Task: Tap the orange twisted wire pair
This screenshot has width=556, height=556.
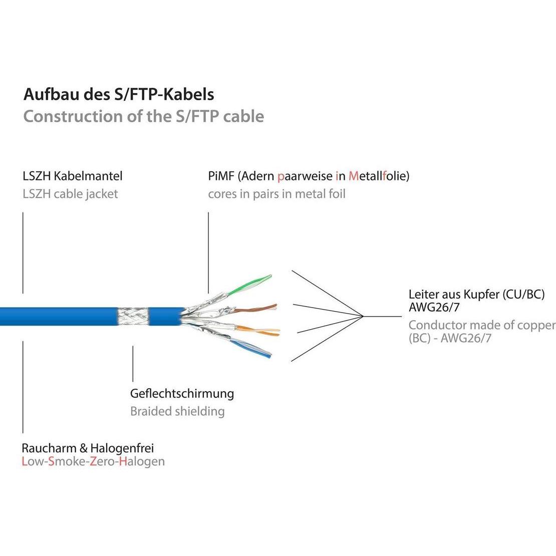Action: tap(260, 330)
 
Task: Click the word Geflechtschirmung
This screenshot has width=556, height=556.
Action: tap(182, 394)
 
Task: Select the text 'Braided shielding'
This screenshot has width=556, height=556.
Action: tap(177, 412)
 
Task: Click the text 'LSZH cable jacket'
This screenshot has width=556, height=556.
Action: tap(70, 194)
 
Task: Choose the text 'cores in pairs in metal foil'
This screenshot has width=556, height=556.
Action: tap(276, 194)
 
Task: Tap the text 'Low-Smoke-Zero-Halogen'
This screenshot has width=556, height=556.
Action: tap(93, 461)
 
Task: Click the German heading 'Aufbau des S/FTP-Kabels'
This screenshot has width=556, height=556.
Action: tap(119, 94)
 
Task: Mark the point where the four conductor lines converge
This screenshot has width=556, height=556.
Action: tap(363, 317)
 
